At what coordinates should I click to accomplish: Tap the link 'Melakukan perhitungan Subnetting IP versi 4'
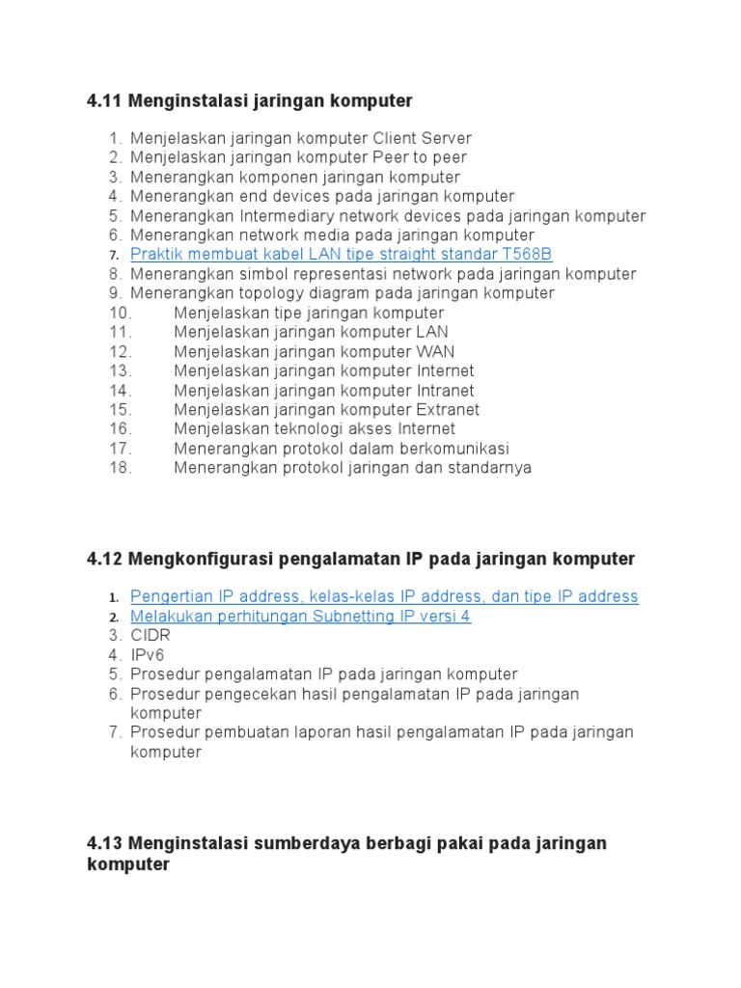(x=300, y=616)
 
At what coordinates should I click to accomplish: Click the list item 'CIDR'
(x=151, y=636)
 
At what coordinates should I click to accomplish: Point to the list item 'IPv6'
(x=148, y=655)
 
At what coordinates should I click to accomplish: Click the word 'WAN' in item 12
(x=435, y=351)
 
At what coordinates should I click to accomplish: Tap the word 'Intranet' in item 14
(x=445, y=391)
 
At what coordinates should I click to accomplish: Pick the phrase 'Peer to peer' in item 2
(x=420, y=157)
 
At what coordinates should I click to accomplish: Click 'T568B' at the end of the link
(x=527, y=255)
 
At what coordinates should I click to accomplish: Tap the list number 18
(x=120, y=468)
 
